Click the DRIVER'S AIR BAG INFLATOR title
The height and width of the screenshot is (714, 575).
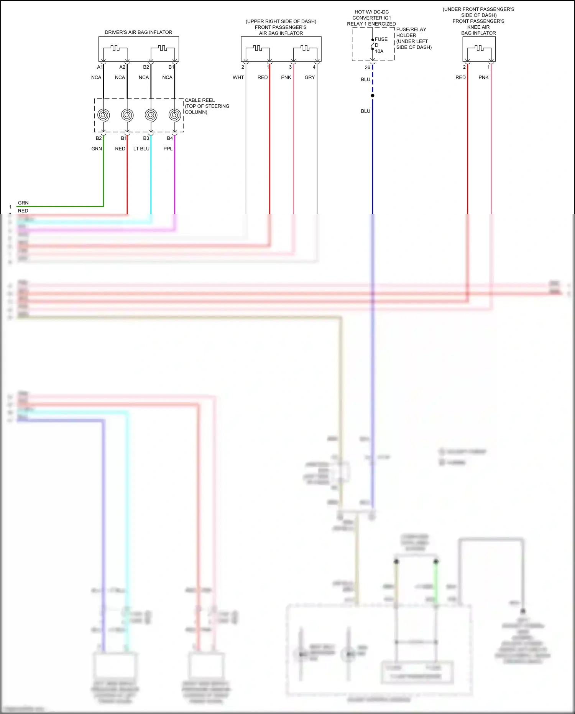[x=138, y=32]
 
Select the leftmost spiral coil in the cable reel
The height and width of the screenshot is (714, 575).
[x=103, y=115]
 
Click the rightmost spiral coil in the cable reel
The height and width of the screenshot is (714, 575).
[x=174, y=115]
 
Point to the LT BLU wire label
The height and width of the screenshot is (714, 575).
[x=141, y=148]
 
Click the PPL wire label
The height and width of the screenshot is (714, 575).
[x=168, y=148]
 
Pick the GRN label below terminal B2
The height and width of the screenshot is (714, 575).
[x=97, y=148]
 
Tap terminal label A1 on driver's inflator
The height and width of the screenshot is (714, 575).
[x=100, y=67]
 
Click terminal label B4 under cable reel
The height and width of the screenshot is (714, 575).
[x=170, y=138]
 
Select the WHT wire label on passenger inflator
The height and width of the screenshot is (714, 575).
[x=238, y=77]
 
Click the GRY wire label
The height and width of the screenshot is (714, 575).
[x=310, y=77]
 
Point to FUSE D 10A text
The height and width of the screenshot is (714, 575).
[x=380, y=45]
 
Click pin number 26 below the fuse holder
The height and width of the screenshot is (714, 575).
[x=367, y=68]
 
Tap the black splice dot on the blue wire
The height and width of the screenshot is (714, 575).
[x=373, y=96]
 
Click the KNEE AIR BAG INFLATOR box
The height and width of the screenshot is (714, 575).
[x=479, y=49]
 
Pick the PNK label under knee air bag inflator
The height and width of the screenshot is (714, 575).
[x=483, y=77]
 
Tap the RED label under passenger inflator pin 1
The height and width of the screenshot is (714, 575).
[x=263, y=77]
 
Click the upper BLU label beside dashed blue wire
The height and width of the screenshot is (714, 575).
[x=365, y=79]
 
